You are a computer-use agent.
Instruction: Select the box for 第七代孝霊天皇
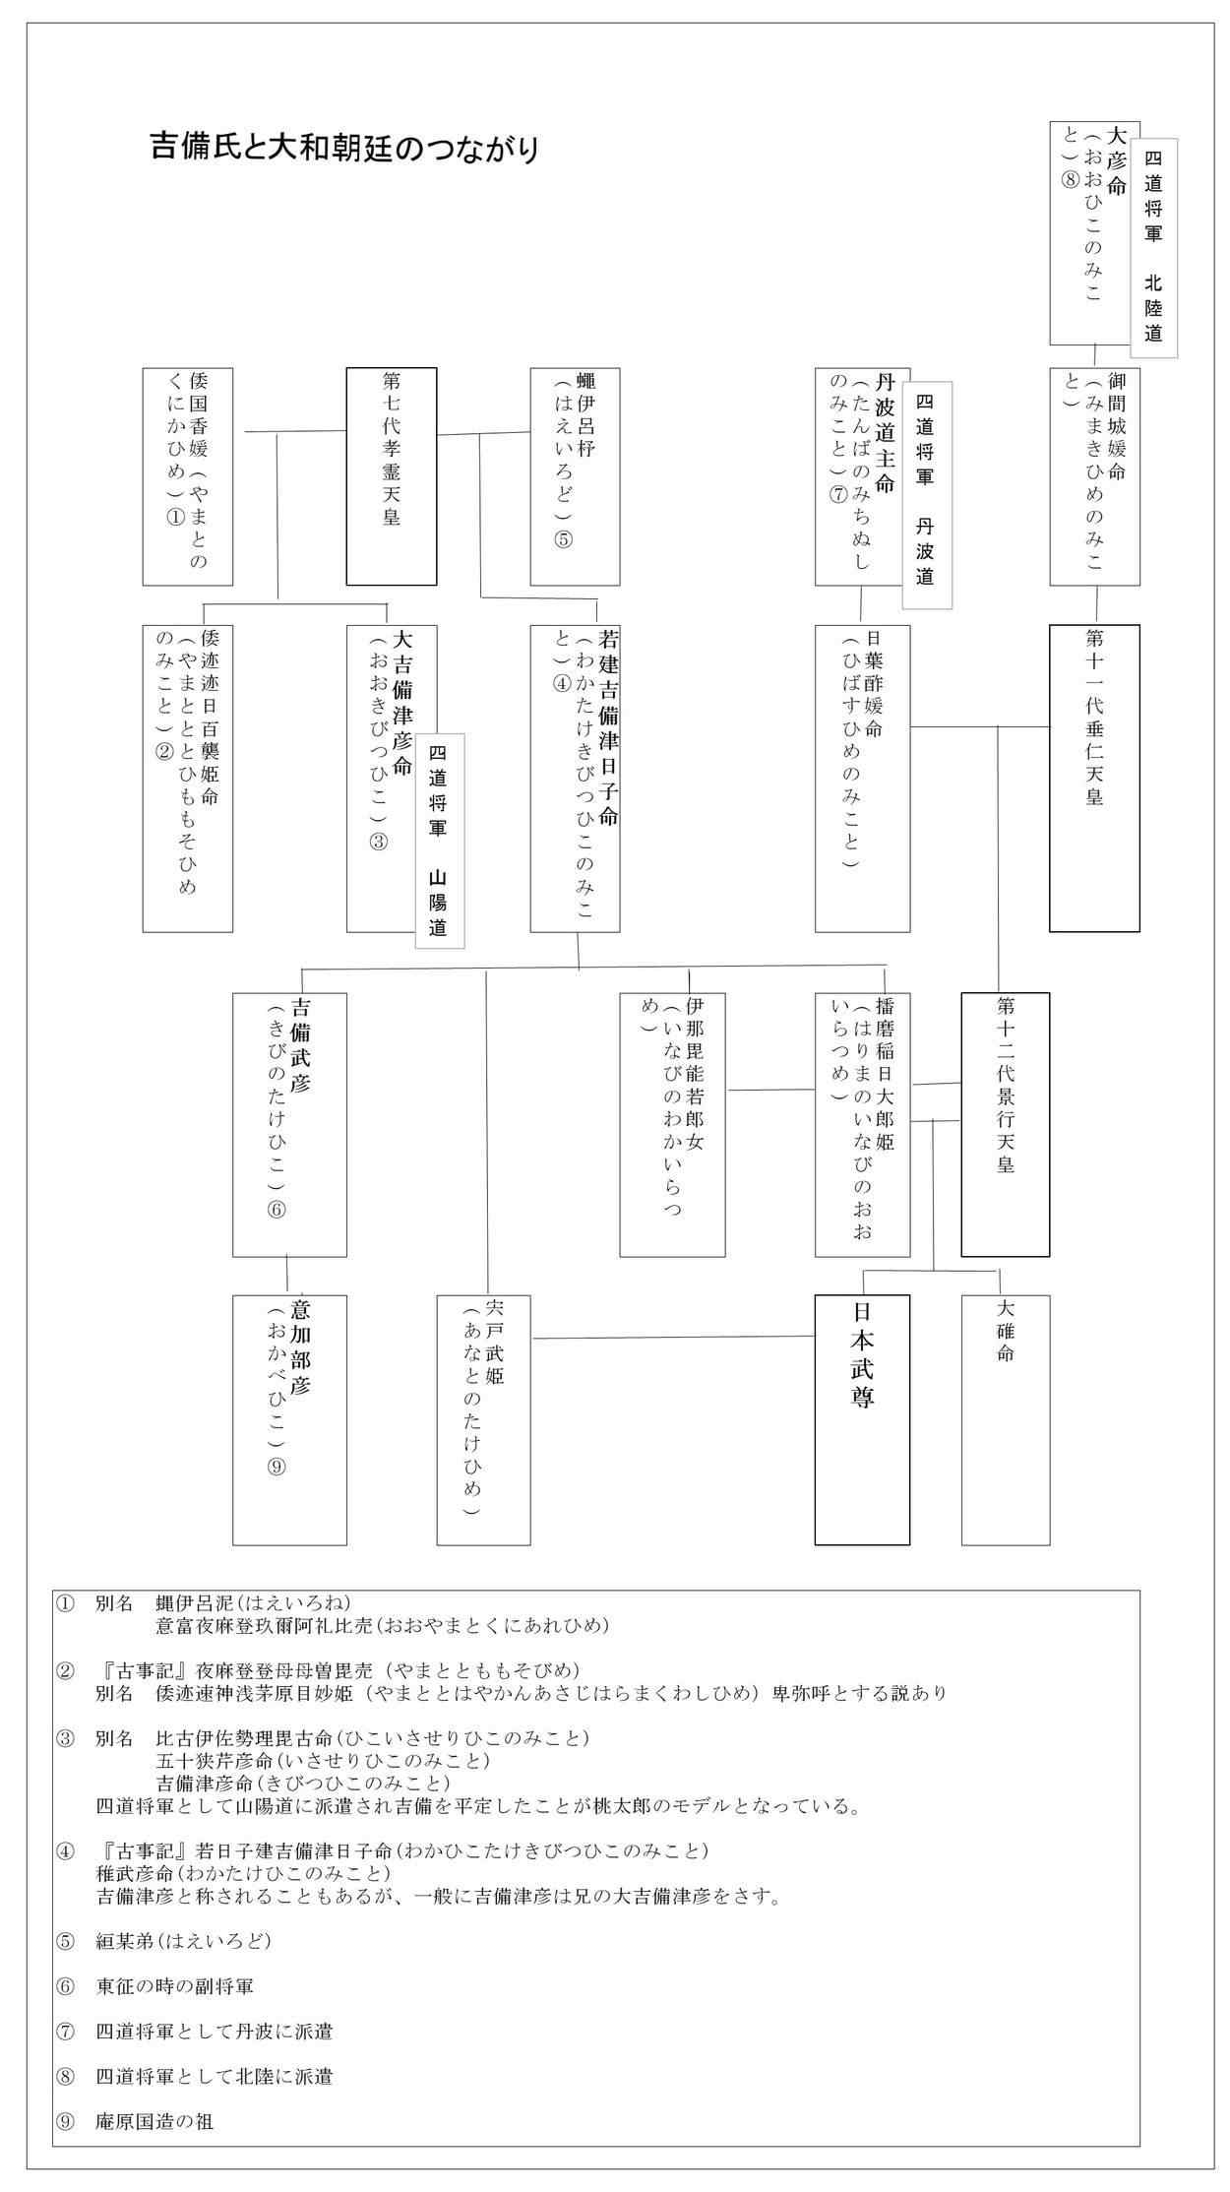tap(391, 476)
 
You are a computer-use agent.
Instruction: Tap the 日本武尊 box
tap(862, 1419)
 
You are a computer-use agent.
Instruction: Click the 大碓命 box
tap(1005, 1419)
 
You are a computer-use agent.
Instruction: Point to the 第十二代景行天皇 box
tap(1005, 1124)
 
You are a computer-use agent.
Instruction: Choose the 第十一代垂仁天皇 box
tap(1094, 778)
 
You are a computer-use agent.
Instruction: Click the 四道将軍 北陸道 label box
tap(1153, 246)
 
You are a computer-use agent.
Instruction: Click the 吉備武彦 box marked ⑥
tap(289, 1124)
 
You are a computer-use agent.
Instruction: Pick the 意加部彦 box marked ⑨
tap(289, 1419)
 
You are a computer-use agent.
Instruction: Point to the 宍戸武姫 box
tap(483, 1419)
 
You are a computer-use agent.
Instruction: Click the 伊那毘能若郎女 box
tap(672, 1124)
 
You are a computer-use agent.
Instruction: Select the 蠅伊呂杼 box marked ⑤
tap(575, 476)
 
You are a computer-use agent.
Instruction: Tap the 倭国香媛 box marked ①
tap(187, 476)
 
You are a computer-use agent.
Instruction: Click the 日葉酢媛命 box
tap(861, 778)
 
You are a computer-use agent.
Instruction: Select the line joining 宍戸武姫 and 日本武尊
tap(674, 1337)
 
